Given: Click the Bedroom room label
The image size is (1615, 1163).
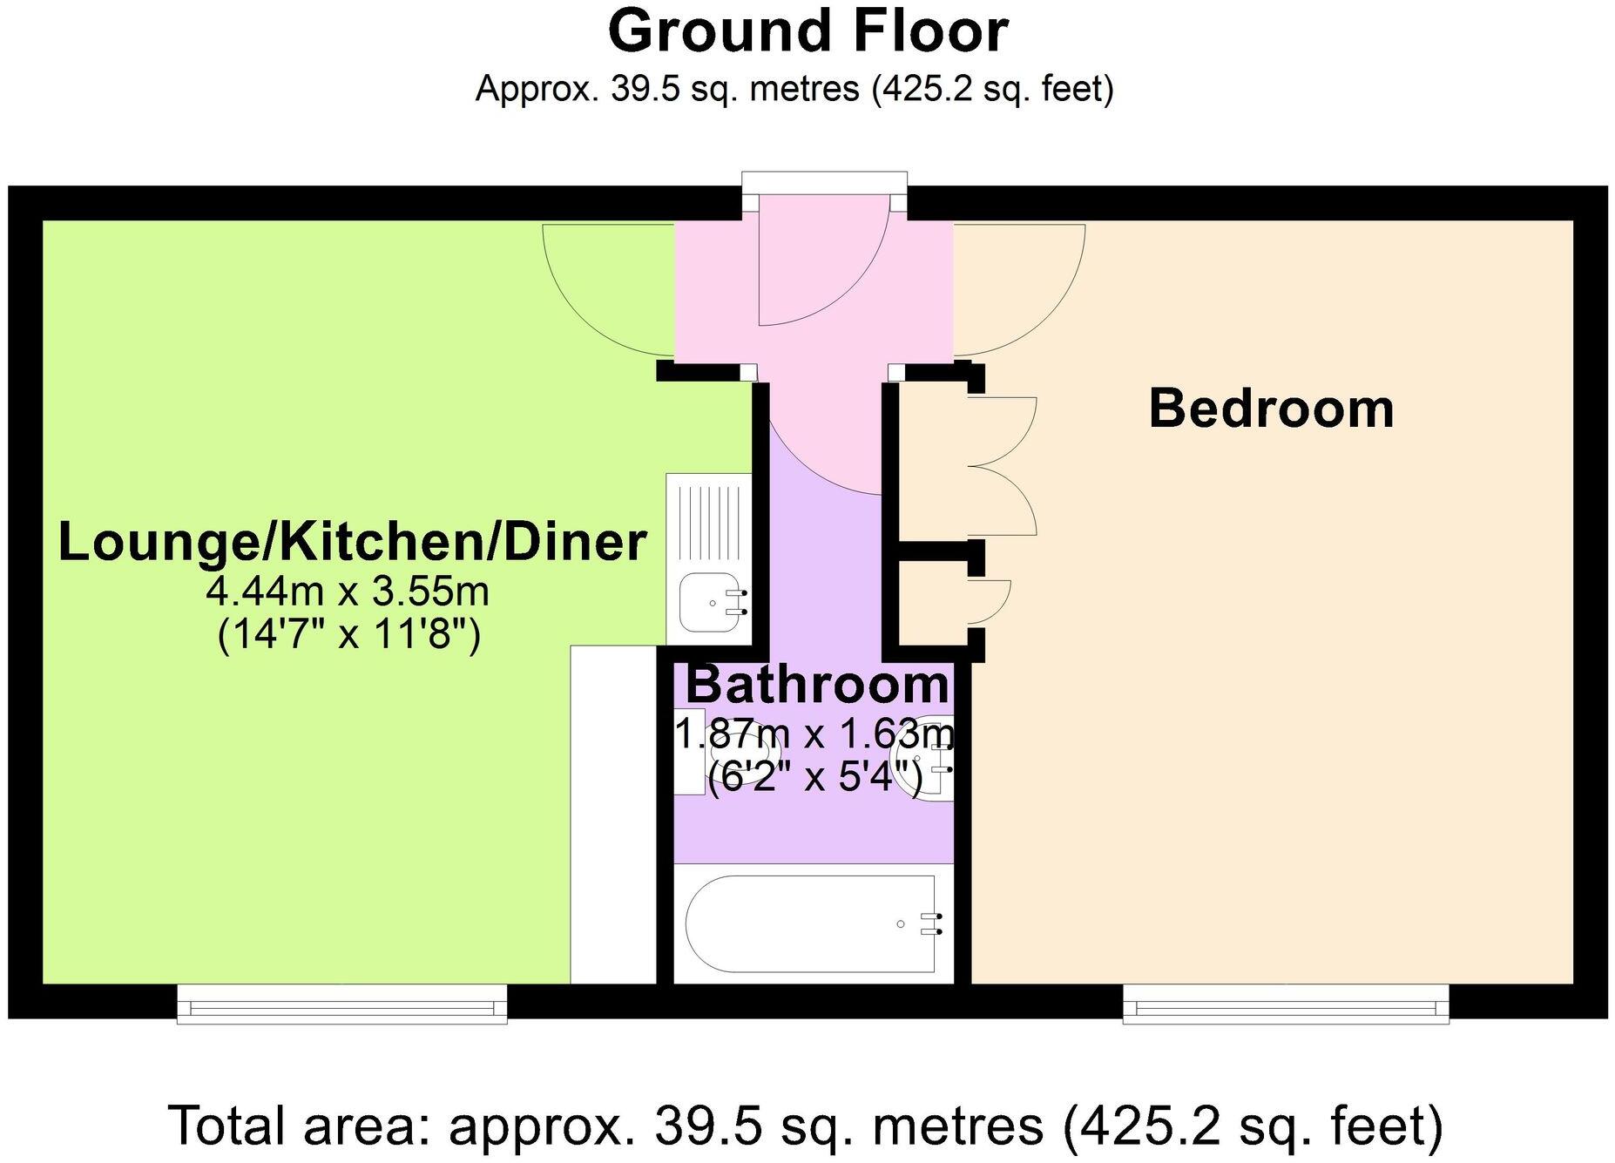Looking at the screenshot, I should [1271, 409].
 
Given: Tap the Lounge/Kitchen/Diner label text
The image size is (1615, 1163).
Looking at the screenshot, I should [352, 542].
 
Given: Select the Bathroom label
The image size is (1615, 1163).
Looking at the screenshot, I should [816, 685].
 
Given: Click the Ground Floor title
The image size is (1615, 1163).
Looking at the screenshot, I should [807, 32].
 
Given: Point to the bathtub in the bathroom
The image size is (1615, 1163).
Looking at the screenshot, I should [810, 923].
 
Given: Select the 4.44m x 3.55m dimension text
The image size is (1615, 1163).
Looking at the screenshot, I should [348, 592].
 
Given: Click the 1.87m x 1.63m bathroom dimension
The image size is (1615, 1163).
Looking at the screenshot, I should [816, 734].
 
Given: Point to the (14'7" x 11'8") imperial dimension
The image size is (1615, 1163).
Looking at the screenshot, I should [348, 633].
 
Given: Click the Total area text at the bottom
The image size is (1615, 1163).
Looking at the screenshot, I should [806, 1125].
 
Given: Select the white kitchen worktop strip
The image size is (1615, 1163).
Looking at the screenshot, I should [612, 815].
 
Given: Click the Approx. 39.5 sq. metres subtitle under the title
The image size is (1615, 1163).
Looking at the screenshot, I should [794, 89].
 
